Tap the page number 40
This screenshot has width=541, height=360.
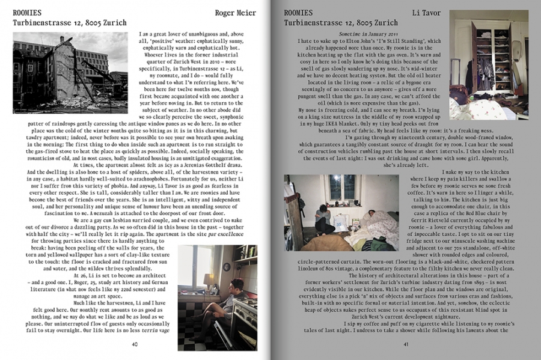coord(135,344)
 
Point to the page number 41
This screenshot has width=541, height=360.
coord(406,344)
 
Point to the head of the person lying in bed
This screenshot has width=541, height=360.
coord(371,213)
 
